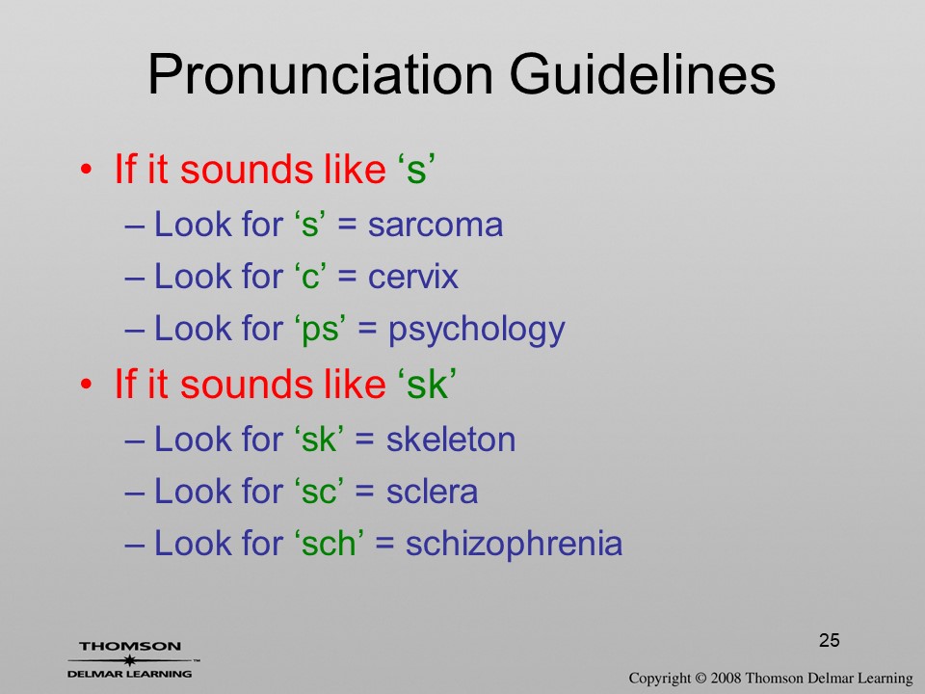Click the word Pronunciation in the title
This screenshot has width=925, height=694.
pyautogui.click(x=320, y=75)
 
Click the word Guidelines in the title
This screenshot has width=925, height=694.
pyautogui.click(x=642, y=74)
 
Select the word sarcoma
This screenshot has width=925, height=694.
pyautogui.click(x=436, y=225)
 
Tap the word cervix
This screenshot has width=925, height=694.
pyautogui.click(x=413, y=277)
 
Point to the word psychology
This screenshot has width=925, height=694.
pyautogui.click(x=477, y=331)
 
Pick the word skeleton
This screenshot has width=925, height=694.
pyautogui.click(x=451, y=440)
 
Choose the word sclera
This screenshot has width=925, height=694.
pyautogui.click(x=432, y=492)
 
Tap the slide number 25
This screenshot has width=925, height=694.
pyautogui.click(x=829, y=640)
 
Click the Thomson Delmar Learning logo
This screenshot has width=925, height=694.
pyautogui.click(x=131, y=659)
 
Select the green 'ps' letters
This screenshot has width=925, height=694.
pyautogui.click(x=320, y=331)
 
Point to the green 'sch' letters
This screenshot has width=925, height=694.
pyautogui.click(x=330, y=544)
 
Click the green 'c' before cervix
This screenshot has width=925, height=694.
pyautogui.click(x=309, y=278)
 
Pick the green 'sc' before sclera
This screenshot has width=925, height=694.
pyautogui.click(x=319, y=493)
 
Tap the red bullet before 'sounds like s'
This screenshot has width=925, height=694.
pyautogui.click(x=86, y=170)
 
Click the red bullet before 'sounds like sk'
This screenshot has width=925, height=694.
pyautogui.click(x=86, y=385)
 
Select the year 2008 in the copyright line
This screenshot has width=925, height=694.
pyautogui.click(x=726, y=678)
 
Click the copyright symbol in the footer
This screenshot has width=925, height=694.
pyautogui.click(x=700, y=679)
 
